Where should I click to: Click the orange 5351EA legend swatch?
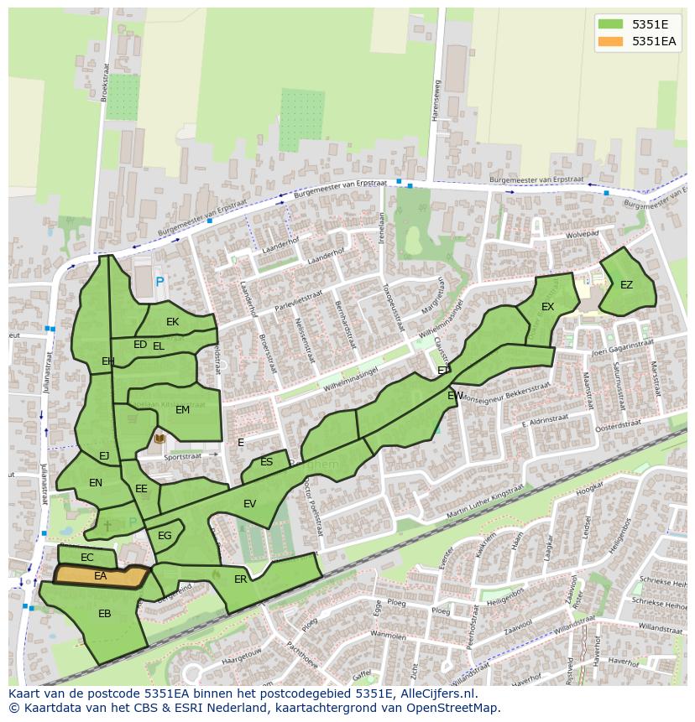[611, 41]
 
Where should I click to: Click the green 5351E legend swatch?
[611, 24]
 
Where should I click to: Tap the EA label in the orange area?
[101, 576]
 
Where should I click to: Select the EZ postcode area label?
[626, 285]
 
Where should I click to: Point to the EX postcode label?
[547, 307]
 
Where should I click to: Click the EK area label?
[172, 321]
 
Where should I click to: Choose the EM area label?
[182, 410]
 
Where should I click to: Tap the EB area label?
[104, 614]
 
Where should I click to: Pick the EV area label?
[249, 504]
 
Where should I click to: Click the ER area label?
[241, 579]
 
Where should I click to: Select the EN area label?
[96, 483]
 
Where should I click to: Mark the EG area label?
[165, 536]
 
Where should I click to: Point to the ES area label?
[266, 462]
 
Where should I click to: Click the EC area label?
[87, 558]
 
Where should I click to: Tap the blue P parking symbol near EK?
[160, 283]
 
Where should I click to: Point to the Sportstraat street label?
[183, 458]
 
